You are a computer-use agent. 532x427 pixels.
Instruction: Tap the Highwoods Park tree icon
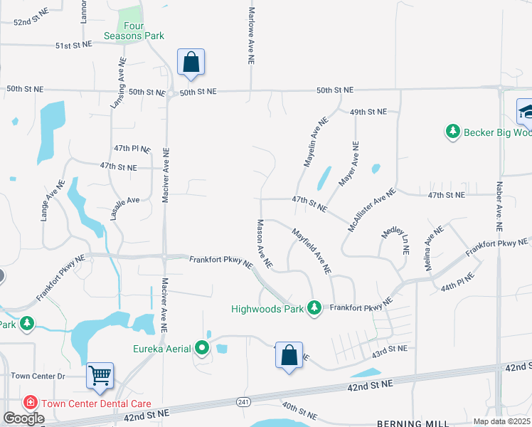[313, 308]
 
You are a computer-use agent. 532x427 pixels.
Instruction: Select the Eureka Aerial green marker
[203, 349]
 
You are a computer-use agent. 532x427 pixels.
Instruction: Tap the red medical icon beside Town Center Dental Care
[30, 403]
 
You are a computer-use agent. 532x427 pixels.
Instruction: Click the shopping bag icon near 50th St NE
[191, 62]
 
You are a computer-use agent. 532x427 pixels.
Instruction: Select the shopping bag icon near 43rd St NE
[289, 355]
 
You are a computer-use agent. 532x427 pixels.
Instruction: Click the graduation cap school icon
[526, 110]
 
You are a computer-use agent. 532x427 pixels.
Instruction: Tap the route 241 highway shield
[243, 403]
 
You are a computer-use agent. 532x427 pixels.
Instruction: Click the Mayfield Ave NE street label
[312, 251]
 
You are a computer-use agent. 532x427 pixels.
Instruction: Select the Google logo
[23, 418]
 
